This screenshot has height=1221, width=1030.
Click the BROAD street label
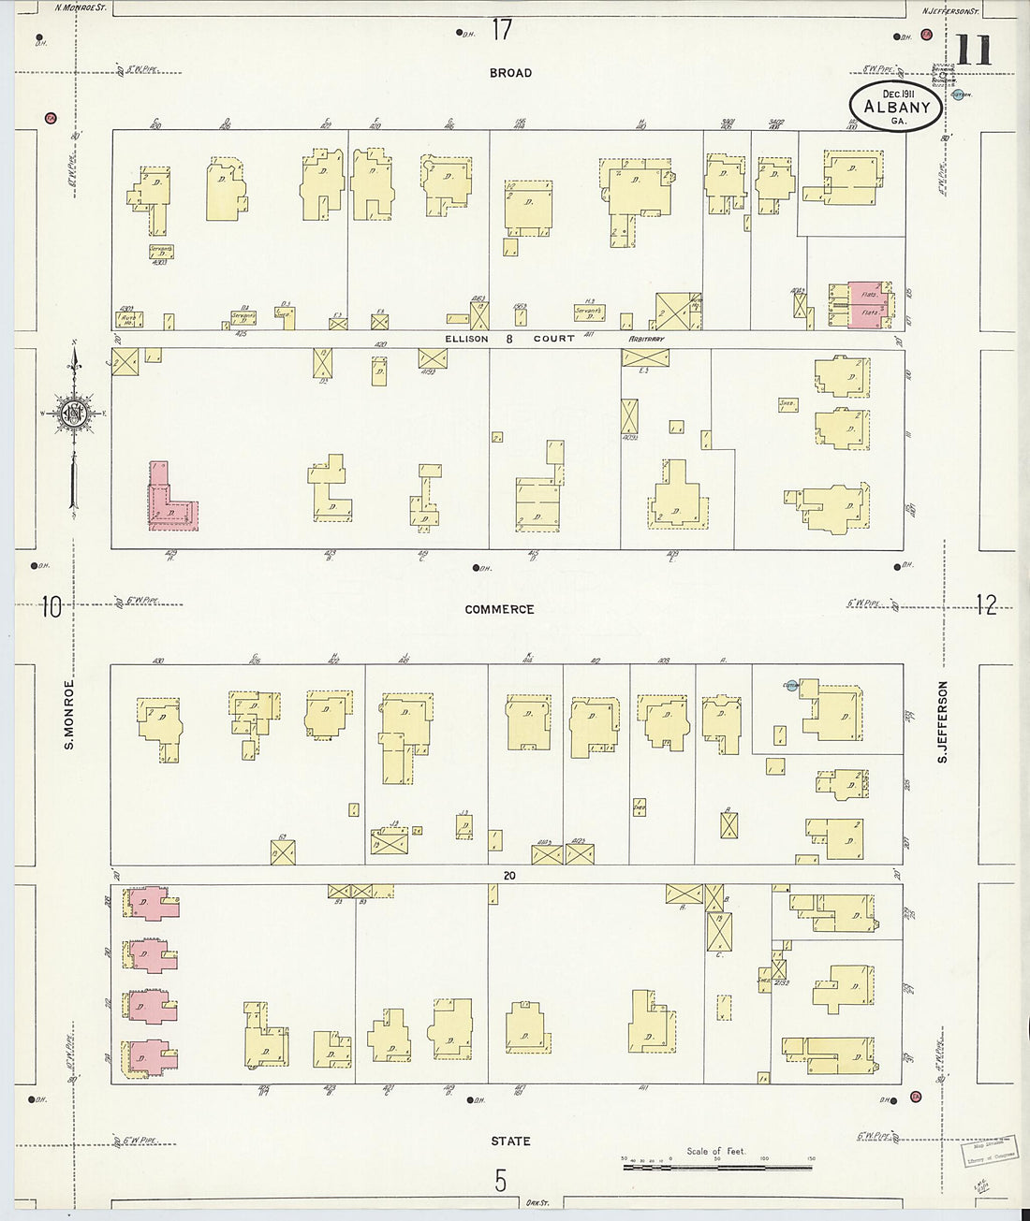tap(510, 73)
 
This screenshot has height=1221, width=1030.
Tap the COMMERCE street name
tap(499, 609)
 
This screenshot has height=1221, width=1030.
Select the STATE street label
tap(510, 1141)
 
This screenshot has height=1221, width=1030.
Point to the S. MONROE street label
tap(68, 715)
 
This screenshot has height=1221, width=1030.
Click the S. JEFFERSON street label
tap(943, 720)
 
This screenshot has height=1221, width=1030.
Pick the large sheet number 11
tap(974, 51)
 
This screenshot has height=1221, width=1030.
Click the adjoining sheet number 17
tap(502, 30)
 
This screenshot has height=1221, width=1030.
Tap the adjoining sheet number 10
tap(51, 607)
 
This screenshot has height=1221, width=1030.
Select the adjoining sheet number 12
tap(985, 605)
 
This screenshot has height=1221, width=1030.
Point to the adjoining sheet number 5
tap(500, 1181)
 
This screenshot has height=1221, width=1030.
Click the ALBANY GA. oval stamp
tap(896, 107)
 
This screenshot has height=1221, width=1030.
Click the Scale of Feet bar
tap(716, 1167)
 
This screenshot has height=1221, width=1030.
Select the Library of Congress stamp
tap(989, 1150)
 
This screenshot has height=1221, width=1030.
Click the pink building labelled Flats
tap(867, 305)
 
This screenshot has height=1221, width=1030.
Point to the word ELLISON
tap(466, 339)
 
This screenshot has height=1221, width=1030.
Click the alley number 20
tap(508, 876)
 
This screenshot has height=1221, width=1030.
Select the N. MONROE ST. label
tap(81, 7)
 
